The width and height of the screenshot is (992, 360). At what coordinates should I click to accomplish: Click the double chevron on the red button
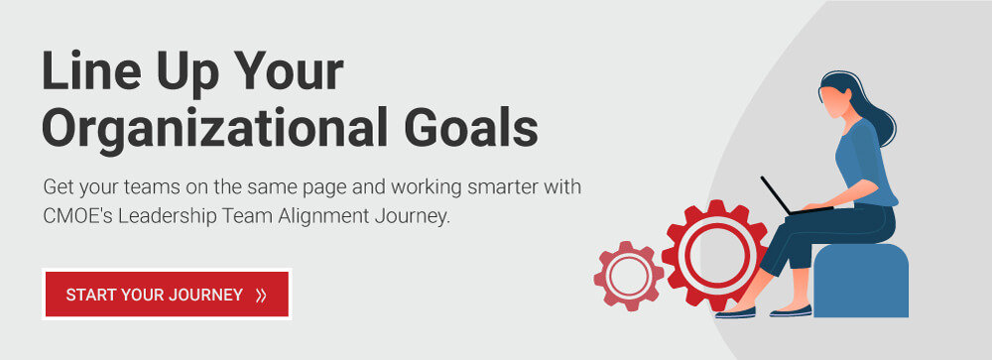(261, 295)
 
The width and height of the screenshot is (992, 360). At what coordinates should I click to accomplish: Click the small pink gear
(629, 275)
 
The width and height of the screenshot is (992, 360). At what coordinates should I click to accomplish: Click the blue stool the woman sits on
(861, 283)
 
